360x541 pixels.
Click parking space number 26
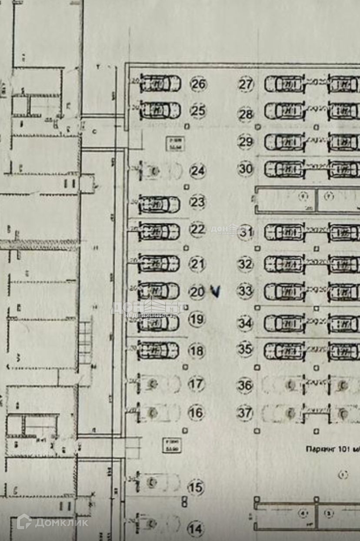[x=198, y=84]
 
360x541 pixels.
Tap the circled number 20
[x=197, y=292]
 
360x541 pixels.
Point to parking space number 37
[x=245, y=412]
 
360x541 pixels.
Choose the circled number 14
[x=196, y=529]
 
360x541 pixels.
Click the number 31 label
[x=247, y=232]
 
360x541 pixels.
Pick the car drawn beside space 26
[x=160, y=83]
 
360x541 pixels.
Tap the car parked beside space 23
[x=159, y=204]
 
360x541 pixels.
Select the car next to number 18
[x=158, y=350]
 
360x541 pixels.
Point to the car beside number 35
[x=285, y=351]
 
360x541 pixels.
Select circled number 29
[x=246, y=142]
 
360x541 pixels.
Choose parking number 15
[x=196, y=488]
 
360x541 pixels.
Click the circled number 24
[x=197, y=171]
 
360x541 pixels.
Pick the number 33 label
[x=246, y=291]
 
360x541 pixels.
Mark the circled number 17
[x=196, y=384]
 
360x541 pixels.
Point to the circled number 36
[x=245, y=385]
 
